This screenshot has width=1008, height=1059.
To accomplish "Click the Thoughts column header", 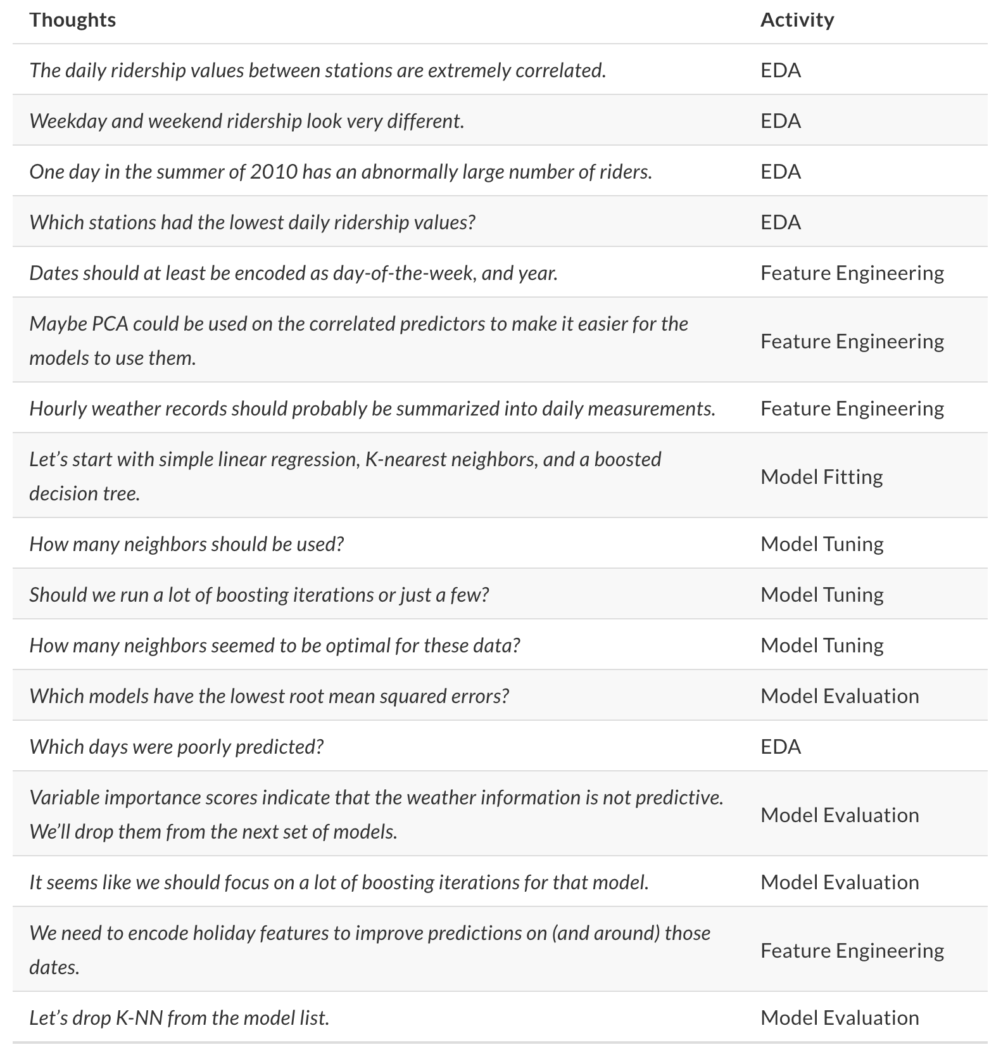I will [72, 20].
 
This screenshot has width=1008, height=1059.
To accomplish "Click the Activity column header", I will [797, 20].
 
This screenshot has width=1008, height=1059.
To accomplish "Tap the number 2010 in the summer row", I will [274, 172].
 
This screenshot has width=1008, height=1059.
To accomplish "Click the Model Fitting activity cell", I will [821, 476].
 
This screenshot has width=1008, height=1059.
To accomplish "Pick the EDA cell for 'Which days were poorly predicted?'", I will [780, 747].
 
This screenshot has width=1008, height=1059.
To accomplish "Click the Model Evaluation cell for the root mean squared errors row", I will [839, 696].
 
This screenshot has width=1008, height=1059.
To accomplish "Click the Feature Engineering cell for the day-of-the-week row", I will [852, 273].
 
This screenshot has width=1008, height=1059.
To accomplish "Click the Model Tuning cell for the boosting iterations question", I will [821, 595].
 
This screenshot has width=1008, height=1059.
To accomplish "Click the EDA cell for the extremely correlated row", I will [780, 70].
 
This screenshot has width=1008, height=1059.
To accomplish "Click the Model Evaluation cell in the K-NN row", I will [839, 1018].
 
